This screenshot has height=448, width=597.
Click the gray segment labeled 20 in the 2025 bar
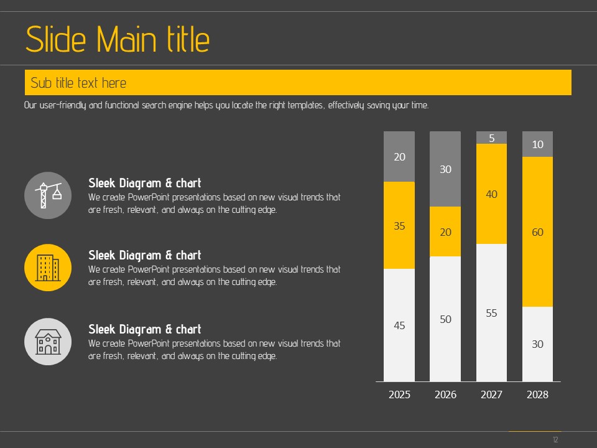pyautogui.click(x=399, y=157)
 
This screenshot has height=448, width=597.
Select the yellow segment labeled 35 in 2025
pyautogui.click(x=399, y=225)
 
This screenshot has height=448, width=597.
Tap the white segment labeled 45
pyautogui.click(x=399, y=325)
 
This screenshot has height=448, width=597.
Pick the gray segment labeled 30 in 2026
pyautogui.click(x=445, y=169)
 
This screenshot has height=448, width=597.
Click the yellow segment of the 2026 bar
pyautogui.click(x=445, y=231)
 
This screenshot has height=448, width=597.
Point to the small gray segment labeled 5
pyautogui.click(x=491, y=138)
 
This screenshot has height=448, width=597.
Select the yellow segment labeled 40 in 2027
pyautogui.click(x=491, y=194)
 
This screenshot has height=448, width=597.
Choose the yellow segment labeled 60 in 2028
pyautogui.click(x=537, y=231)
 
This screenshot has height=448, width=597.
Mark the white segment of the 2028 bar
pyautogui.click(x=537, y=343)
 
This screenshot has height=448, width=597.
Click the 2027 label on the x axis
pyautogui.click(x=491, y=394)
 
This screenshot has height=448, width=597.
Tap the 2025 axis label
pyautogui.click(x=399, y=394)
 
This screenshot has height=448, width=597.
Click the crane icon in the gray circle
pyautogui.click(x=48, y=195)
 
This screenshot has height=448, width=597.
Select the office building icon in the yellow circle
pyautogui.click(x=48, y=268)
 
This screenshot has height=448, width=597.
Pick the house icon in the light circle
pyautogui.click(x=48, y=342)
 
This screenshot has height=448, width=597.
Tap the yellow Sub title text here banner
pyautogui.click(x=298, y=83)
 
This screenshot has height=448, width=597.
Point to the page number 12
pyautogui.click(x=555, y=440)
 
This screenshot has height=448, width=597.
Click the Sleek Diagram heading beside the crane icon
pyautogui.click(x=145, y=183)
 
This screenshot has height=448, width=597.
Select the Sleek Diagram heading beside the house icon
pyautogui.click(x=145, y=329)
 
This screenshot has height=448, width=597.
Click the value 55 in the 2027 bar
pyautogui.click(x=491, y=313)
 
